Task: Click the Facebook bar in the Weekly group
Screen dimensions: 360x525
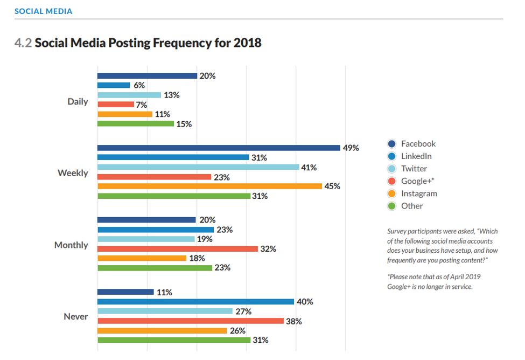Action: tap(219, 148)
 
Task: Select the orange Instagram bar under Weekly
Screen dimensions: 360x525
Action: tap(209, 186)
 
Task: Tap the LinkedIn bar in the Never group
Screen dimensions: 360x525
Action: tap(195, 302)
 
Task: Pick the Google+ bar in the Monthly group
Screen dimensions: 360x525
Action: tap(178, 249)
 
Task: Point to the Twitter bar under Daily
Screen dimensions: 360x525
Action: tap(129, 95)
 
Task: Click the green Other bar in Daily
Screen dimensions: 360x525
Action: tap(136, 124)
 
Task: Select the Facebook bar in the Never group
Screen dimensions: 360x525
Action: tap(125, 292)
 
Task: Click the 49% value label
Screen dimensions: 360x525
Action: tap(351, 148)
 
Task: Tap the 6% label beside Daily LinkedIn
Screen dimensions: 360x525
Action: tap(139, 85)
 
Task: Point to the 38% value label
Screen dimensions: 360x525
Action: tap(294, 321)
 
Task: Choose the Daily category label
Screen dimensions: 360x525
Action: tap(78, 101)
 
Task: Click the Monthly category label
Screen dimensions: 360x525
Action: tap(71, 245)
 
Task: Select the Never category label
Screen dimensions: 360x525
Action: tap(75, 316)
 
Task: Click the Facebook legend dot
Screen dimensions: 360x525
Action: tap(392, 144)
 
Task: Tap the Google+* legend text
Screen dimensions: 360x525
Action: tap(417, 181)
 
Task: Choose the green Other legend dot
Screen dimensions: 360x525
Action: tap(392, 206)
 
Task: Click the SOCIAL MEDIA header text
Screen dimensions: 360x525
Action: tap(43, 11)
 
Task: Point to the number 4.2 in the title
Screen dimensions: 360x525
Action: tap(23, 43)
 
